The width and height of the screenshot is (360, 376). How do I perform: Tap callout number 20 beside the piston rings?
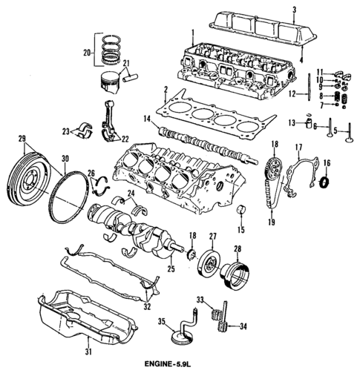coord(86,53)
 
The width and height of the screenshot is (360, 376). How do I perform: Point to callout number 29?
coord(22,139)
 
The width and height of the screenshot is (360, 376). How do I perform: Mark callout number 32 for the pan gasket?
coord(147,306)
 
